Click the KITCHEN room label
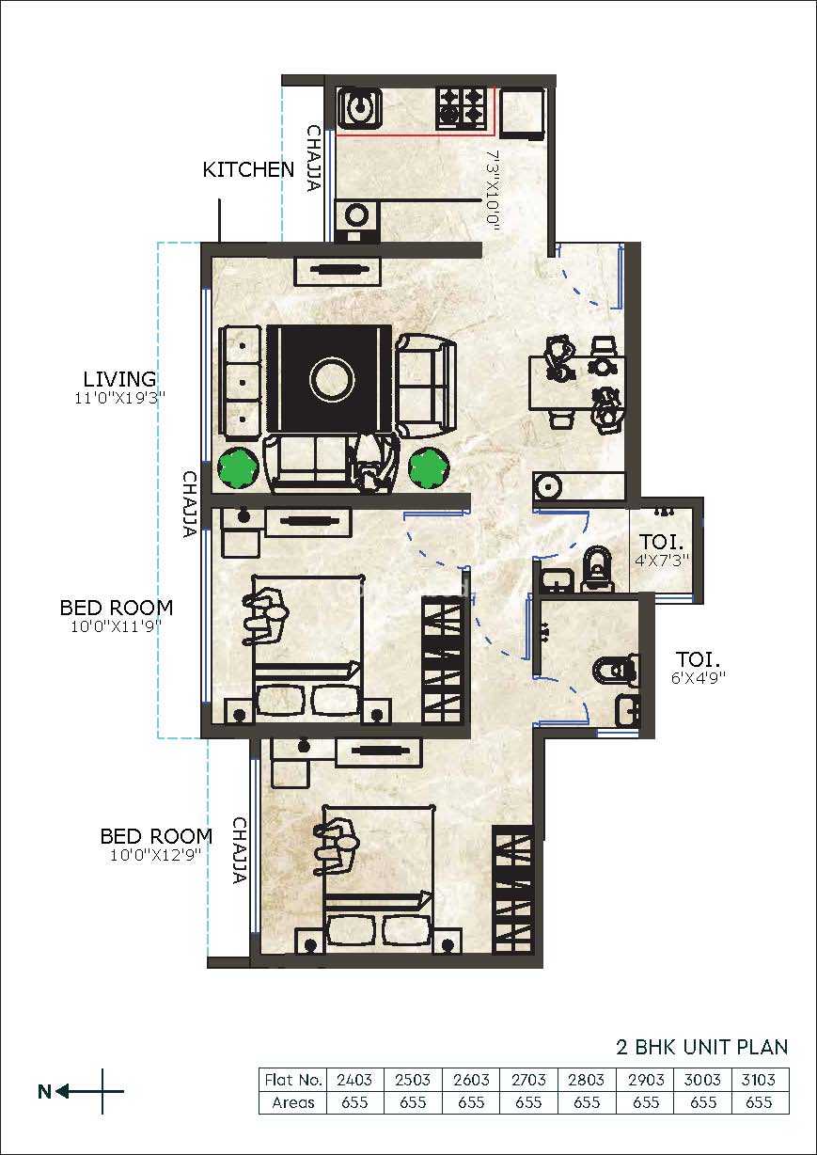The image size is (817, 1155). coord(248,169)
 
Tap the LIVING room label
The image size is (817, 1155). coord(119,379)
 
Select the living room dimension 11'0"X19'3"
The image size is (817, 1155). coord(120,398)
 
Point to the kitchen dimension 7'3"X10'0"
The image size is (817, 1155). coord(493,188)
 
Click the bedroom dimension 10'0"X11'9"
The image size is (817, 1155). coord(117,626)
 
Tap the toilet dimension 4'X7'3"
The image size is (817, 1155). coord(662,561)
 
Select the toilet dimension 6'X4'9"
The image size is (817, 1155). coord(699,677)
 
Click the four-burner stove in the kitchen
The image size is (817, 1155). coord(462,109)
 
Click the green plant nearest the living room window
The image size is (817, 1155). coord(237,467)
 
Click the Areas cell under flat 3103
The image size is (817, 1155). coord(759,1102)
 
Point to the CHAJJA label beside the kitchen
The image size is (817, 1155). coord(314,158)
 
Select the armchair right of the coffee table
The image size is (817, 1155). coord(426,387)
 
